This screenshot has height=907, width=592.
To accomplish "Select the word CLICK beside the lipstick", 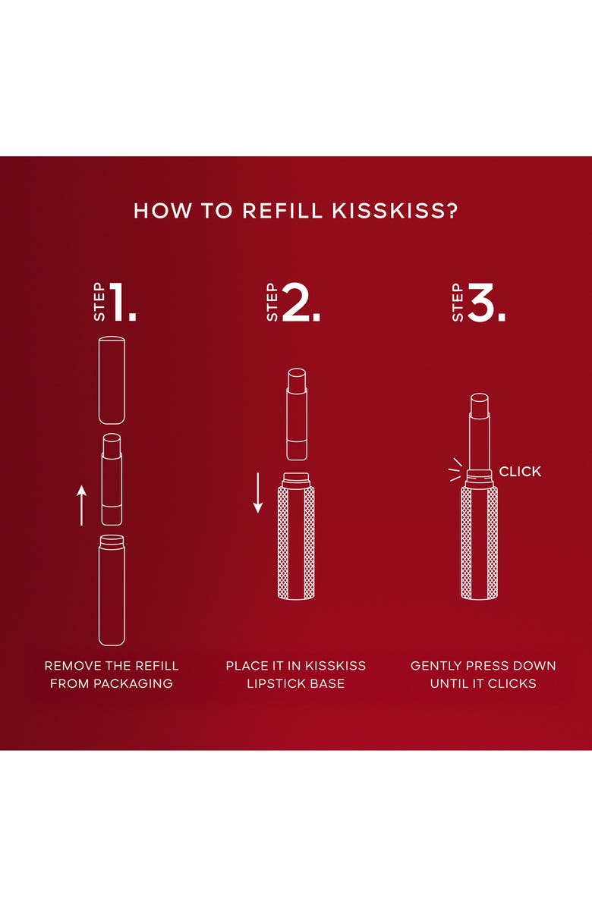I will tap(520, 472).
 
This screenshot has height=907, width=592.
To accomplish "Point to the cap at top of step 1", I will tap(112, 379).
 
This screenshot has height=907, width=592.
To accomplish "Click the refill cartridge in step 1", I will tap(112, 479).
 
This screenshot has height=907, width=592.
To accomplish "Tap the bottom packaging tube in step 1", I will tap(112, 590).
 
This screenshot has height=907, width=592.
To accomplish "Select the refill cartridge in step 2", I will tap(296, 414).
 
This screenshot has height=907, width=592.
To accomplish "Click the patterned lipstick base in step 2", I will tap(296, 542).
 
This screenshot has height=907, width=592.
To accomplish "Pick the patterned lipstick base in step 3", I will tap(479, 542).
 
